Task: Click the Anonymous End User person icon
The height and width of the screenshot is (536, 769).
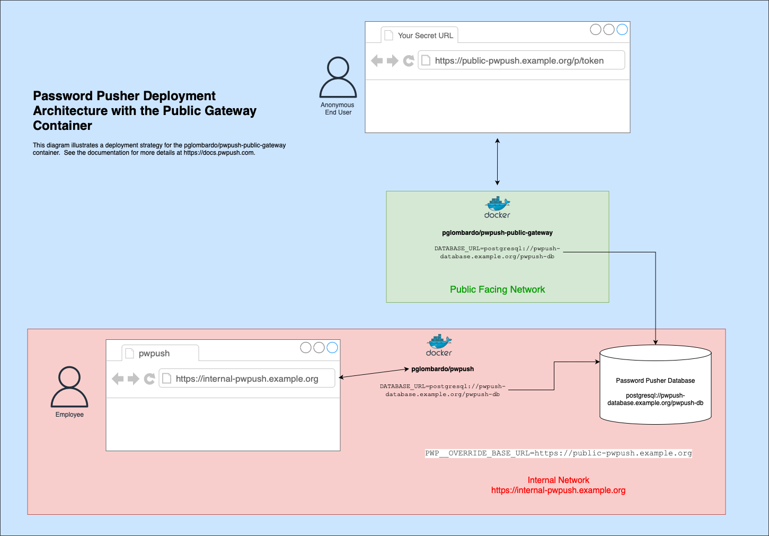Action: [x=338, y=77]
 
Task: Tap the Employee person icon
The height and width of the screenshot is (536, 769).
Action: [x=69, y=387]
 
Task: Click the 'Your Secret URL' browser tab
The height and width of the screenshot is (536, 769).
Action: [x=420, y=35]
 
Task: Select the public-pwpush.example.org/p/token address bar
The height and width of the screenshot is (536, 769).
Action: [x=521, y=60]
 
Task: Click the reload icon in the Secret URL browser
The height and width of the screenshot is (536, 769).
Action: [x=409, y=61]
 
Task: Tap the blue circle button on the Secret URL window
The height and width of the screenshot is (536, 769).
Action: [x=622, y=30]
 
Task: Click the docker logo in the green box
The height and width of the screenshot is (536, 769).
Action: [x=497, y=207]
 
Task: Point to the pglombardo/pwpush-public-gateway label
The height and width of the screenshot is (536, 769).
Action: [x=497, y=233]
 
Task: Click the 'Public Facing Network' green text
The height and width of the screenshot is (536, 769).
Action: [x=497, y=289]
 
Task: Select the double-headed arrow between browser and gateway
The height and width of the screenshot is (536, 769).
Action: [x=497, y=162]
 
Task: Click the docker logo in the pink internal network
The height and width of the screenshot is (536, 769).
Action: [x=439, y=345]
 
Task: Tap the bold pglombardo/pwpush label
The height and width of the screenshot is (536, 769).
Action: [x=443, y=369]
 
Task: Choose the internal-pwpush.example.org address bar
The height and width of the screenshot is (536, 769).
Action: [x=247, y=379]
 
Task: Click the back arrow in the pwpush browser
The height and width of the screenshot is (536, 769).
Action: [x=118, y=379]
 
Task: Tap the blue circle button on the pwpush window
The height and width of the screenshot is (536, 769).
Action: [x=332, y=347]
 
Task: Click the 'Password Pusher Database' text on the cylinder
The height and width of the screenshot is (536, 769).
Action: [x=656, y=381]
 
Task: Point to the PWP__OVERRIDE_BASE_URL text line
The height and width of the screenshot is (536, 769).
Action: [x=559, y=453]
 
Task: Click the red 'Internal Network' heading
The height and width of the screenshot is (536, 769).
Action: [x=558, y=480]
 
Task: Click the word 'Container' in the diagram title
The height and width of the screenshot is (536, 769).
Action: [x=63, y=126]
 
